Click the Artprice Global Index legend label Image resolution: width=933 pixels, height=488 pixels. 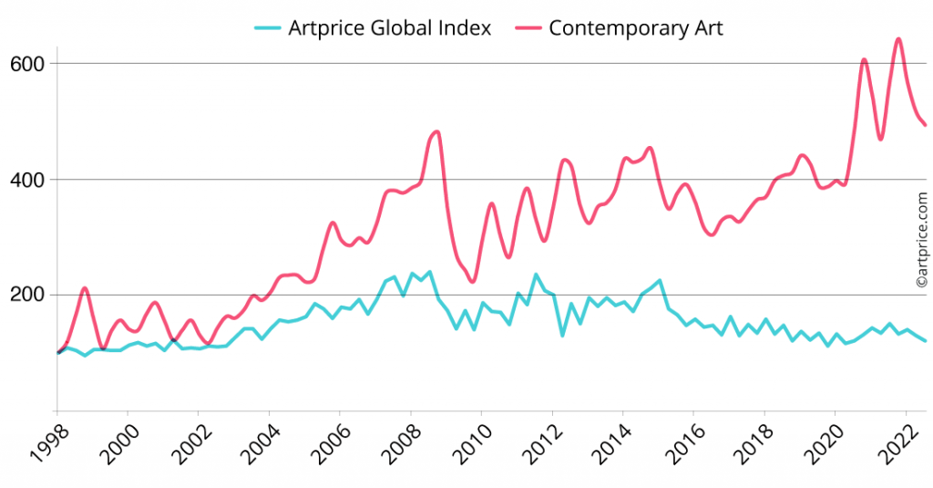click(x=389, y=28)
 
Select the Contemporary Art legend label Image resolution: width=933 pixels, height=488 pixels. click(x=635, y=28)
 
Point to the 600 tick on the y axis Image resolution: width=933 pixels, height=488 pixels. click(x=28, y=64)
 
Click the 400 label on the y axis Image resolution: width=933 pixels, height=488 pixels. click(x=28, y=180)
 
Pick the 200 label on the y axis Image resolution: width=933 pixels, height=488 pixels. click(x=28, y=296)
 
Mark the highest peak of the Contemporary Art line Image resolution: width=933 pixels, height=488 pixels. click(x=898, y=39)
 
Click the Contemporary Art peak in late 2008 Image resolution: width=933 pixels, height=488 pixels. click(x=436, y=132)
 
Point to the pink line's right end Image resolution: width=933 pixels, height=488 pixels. click(x=926, y=125)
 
